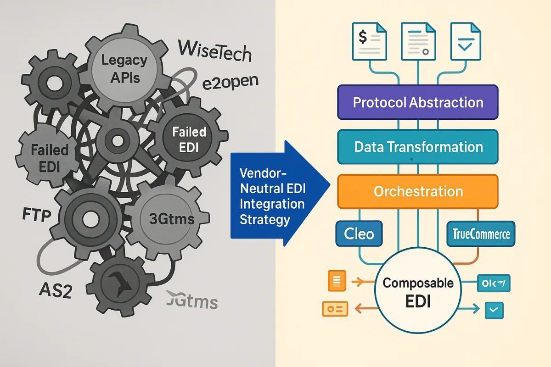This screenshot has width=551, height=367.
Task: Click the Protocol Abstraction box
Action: pyautogui.click(x=417, y=102)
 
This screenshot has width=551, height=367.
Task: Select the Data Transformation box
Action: pyautogui.click(x=417, y=147)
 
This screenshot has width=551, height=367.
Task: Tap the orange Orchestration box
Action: pyautogui.click(x=417, y=191)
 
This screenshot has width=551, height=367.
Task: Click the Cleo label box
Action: pyautogui.click(x=359, y=234)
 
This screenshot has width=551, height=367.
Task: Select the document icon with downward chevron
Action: pyautogui.click(x=466, y=41)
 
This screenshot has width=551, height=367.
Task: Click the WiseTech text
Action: pyautogui.click(x=215, y=51)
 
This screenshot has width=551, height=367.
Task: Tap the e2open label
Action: pyautogui.click(x=231, y=83)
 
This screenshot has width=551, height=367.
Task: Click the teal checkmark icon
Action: pyautogui.click(x=494, y=311)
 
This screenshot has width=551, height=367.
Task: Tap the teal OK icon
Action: pyautogui.click(x=494, y=284)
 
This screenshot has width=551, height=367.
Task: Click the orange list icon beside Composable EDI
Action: pyautogui.click(x=336, y=281)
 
